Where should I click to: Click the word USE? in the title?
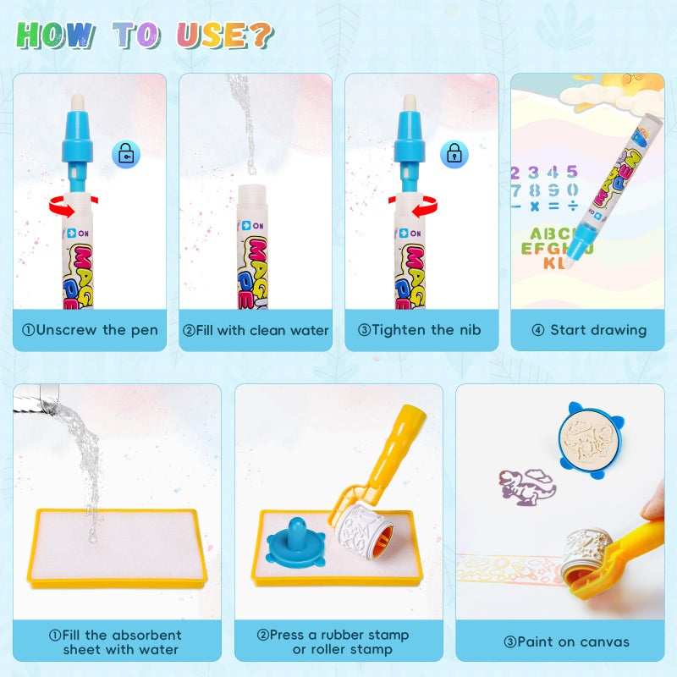pyautogui.click(x=224, y=35)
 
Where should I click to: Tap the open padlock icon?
pyautogui.click(x=126, y=154)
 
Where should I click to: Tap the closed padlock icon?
pyautogui.click(x=454, y=154)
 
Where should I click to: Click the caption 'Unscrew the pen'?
pyautogui.click(x=90, y=330)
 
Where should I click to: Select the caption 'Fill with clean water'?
pyautogui.click(x=256, y=330)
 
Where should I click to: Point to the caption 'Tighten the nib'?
pyautogui.click(x=421, y=330)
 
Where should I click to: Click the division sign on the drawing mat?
pyautogui.click(x=572, y=206)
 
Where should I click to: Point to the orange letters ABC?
pyautogui.click(x=548, y=234)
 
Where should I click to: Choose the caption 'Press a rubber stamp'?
pyautogui.click(x=338, y=635)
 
